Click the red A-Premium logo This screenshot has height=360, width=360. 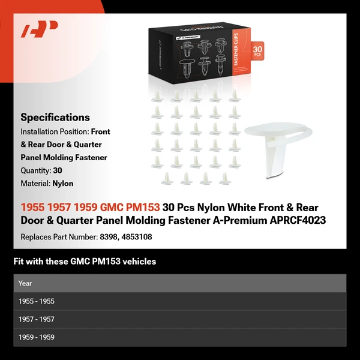tap(39, 29)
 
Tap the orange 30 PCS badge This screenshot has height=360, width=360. tap(257, 51)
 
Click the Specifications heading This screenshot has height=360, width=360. tap(55, 118)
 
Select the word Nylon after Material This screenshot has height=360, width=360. tap(63, 184)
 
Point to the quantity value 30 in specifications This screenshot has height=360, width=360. tap(58, 170)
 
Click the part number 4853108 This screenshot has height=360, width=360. tap(137, 237)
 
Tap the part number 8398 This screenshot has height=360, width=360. tap(109, 237)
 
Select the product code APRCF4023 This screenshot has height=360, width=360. tap(298, 220)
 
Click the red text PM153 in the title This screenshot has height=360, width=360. tap(143, 207)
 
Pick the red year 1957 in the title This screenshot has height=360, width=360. tap(59, 207)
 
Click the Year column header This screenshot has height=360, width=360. tap(25, 283)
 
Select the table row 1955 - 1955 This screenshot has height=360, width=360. tap(180, 301)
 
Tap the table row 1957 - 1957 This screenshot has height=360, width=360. tap(180, 319)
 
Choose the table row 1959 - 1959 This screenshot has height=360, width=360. tap(180, 337)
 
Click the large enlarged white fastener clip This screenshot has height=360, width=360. tap(278, 147)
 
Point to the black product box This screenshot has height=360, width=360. tap(199, 53)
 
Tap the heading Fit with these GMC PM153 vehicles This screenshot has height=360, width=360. tap(85, 261)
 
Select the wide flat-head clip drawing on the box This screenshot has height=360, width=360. tap(187, 68)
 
